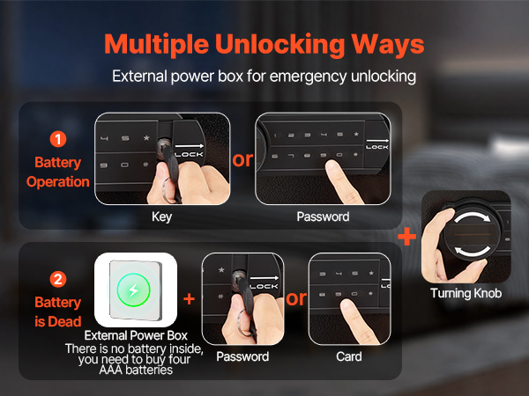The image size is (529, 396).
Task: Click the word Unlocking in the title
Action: [279, 45]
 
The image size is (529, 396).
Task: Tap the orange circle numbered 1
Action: [58, 139]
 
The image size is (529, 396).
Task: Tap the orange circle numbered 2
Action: [58, 280]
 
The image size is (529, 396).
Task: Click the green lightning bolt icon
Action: [134, 290]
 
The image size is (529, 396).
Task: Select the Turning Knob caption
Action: [466, 293]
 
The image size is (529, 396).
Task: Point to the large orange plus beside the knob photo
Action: [407, 237]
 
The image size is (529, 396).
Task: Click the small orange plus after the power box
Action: [190, 298]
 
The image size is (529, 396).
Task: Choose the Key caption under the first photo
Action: [162, 216]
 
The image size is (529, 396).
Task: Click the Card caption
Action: [349, 356]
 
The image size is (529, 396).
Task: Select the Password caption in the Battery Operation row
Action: [323, 216]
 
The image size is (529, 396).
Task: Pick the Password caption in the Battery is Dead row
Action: [242, 356]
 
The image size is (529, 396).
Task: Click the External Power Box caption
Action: [136, 335]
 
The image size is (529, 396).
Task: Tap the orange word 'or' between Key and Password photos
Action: [242, 160]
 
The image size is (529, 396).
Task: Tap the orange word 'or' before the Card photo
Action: [296, 298]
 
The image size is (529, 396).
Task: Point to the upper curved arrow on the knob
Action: [473, 216]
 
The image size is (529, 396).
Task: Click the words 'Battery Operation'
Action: [57, 172]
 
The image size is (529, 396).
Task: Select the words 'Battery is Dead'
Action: [57, 312]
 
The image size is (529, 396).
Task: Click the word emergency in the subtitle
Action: [308, 77]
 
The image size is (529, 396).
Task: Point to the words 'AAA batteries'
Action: [136, 370]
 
